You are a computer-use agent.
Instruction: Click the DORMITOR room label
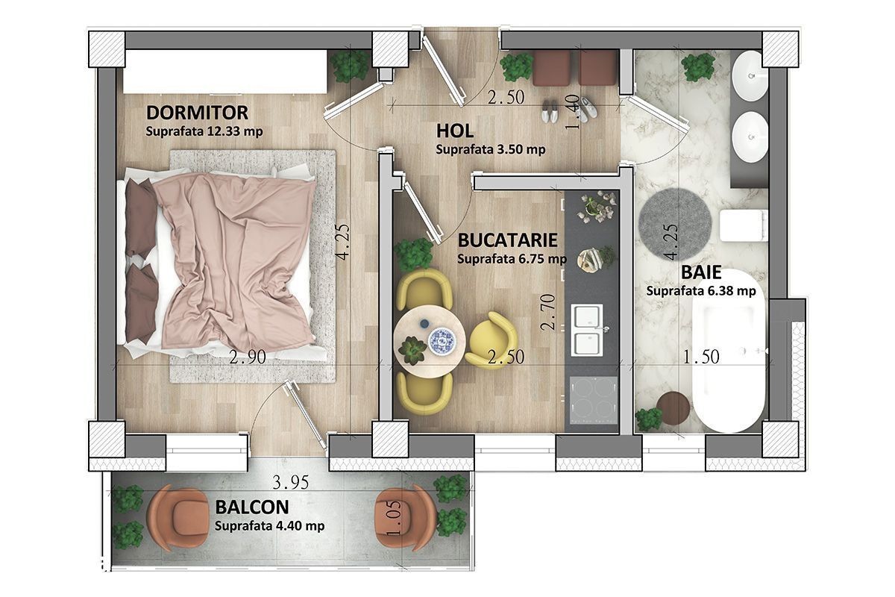(197, 113)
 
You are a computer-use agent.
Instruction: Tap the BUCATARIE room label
(507, 240)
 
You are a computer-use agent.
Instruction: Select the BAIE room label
(701, 272)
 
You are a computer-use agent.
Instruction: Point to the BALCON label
(252, 507)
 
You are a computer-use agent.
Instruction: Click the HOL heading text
(455, 131)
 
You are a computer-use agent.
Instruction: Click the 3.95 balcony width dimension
(290, 483)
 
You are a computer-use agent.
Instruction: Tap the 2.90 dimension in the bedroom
(248, 357)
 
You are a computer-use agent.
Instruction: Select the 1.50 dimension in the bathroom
(701, 357)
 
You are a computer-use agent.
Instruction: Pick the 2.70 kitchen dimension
(547, 312)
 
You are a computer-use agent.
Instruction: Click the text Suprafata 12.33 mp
(204, 131)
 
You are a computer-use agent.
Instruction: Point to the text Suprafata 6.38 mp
(701, 291)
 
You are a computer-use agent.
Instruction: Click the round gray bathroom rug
(675, 224)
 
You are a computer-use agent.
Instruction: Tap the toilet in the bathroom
(743, 225)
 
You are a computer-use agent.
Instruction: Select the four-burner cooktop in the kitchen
(594, 400)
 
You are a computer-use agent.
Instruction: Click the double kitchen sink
(588, 330)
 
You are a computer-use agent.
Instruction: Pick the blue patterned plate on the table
(442, 341)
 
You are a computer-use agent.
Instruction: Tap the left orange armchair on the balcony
(178, 519)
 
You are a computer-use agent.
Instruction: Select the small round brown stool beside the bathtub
(673, 408)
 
